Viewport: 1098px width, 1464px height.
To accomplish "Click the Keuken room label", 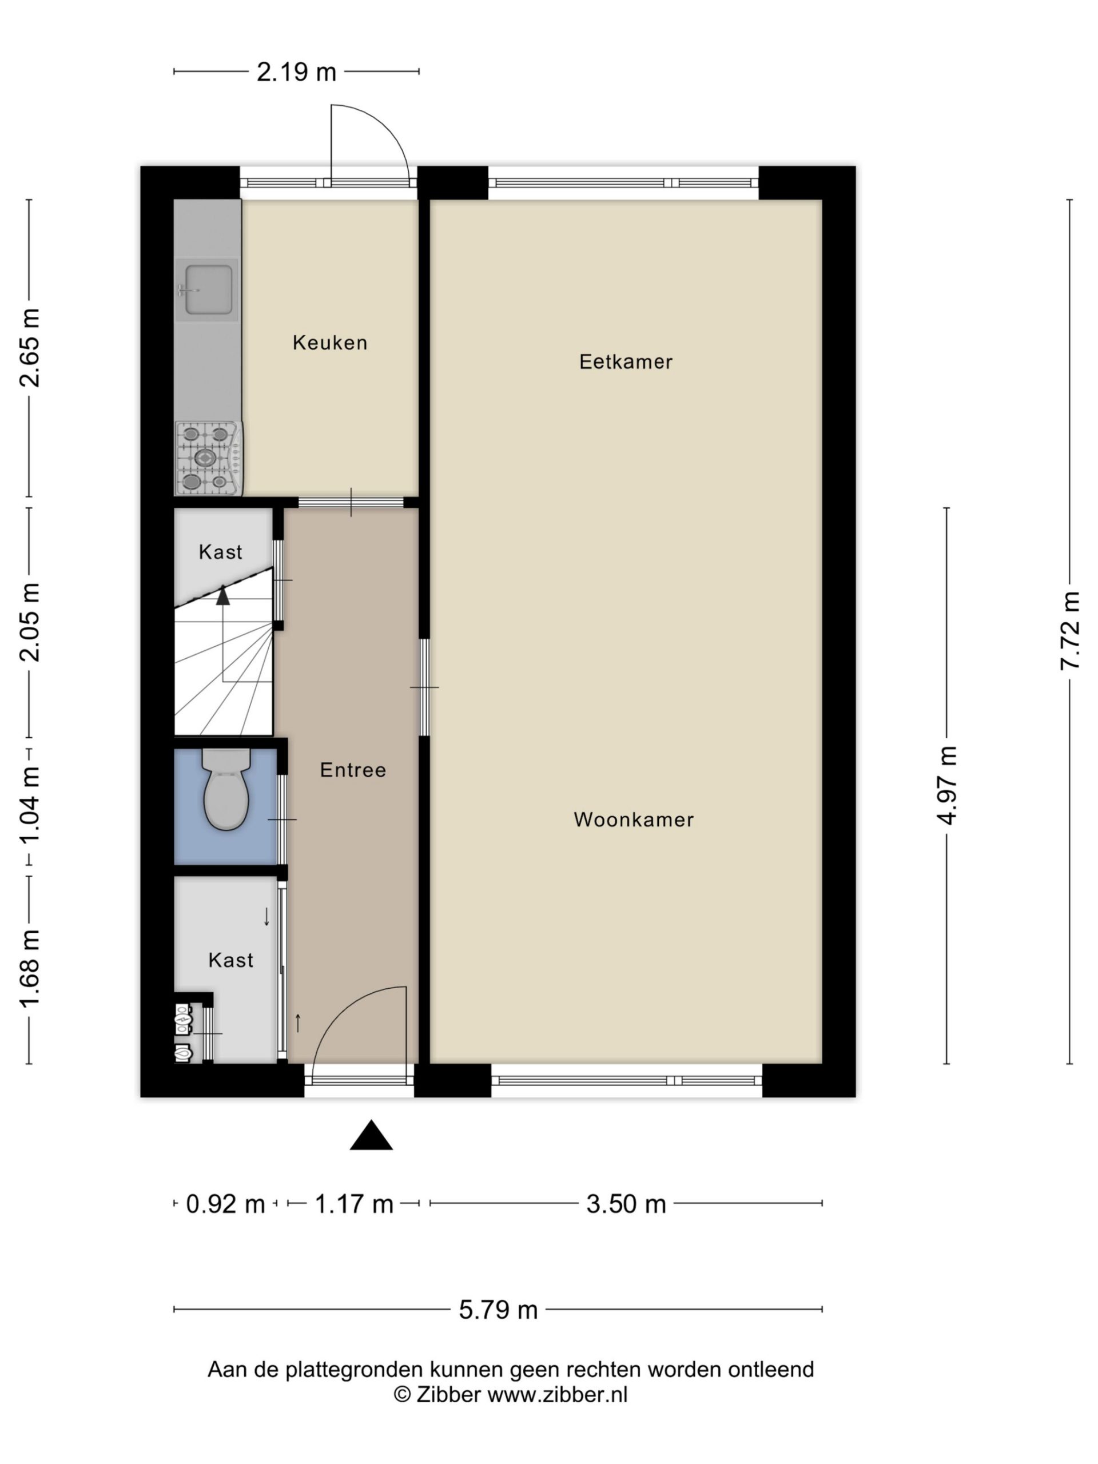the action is pos(329,342).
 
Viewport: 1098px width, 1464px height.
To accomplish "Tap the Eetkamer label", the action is pos(626,361).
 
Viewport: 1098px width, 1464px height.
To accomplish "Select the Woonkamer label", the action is pos(634,819).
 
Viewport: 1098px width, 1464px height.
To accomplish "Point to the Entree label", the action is pos(353,770).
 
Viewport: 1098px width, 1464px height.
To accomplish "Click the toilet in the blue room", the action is pos(226,789).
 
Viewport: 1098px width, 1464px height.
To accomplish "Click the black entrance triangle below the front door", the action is pos(371,1135).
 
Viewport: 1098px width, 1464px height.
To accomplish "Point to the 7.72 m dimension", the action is pos(1069,631).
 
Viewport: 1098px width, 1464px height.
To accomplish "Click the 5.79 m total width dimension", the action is pos(498,1309).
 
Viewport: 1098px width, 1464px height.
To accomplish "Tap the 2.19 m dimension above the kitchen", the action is pos(296,71).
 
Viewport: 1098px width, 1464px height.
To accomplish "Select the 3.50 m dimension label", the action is pos(626,1203).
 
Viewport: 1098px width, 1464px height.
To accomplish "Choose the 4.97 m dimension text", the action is pos(947,785).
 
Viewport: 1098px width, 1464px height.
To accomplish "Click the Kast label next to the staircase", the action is pos(220,552).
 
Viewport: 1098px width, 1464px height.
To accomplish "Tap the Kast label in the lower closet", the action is pos(231,960).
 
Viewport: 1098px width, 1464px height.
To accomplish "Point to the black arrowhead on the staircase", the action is pos(223,596).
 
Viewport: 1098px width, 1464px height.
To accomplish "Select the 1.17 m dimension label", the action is pos(354,1203).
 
